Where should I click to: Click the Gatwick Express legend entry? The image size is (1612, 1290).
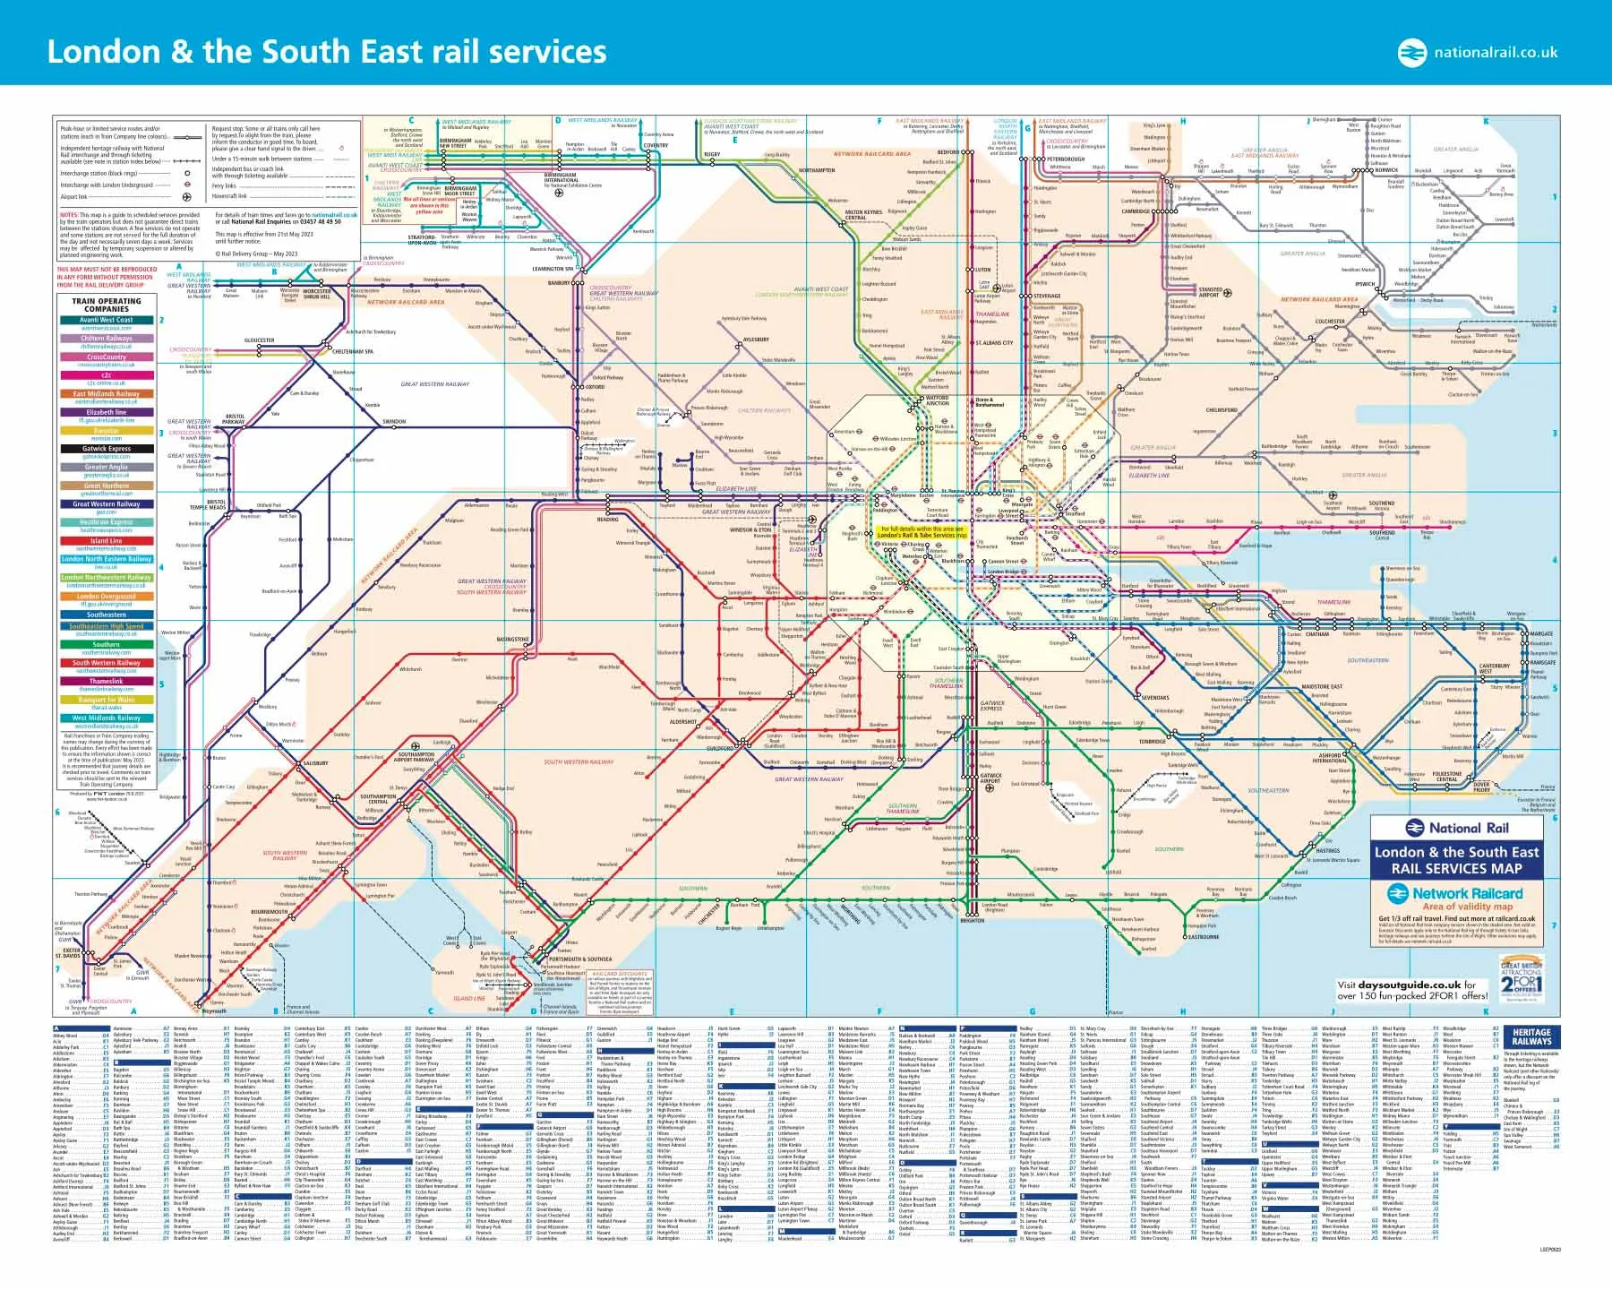(x=107, y=449)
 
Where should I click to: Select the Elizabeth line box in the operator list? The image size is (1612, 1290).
(x=107, y=412)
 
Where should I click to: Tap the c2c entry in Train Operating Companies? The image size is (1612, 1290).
(x=107, y=375)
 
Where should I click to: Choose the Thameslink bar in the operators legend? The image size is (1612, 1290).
(x=107, y=681)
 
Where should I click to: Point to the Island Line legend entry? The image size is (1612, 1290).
(x=107, y=541)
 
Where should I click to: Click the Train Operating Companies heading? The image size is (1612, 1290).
(x=107, y=305)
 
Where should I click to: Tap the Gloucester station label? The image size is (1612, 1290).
(x=259, y=340)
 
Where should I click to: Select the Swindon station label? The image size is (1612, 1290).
(x=394, y=421)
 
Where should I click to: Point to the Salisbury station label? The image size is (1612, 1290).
(x=315, y=763)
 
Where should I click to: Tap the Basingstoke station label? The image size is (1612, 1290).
(x=512, y=640)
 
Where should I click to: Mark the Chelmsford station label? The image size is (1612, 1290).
(x=1222, y=410)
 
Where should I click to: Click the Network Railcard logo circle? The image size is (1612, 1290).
(x=1398, y=893)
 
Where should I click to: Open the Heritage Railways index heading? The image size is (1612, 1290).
(x=1531, y=1036)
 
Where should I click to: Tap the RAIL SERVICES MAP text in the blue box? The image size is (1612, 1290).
(x=1456, y=868)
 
